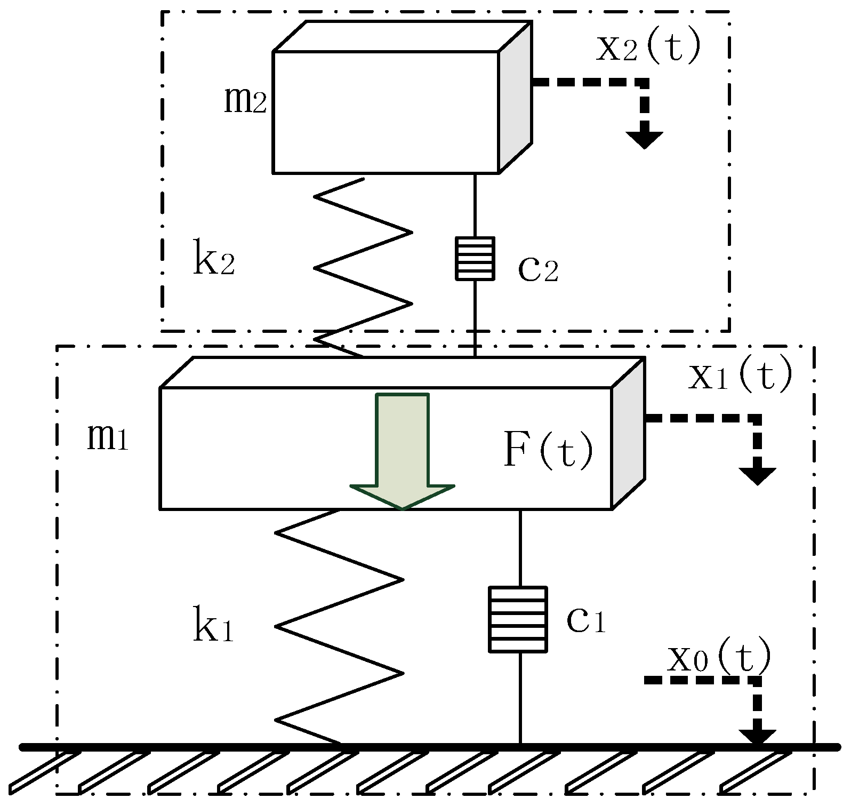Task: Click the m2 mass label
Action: (245, 100)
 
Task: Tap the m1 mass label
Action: (108, 439)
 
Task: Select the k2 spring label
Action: (213, 262)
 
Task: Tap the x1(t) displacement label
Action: (741, 377)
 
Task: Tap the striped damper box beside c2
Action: (475, 259)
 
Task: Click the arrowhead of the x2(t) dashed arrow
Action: (645, 140)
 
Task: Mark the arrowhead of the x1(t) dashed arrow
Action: (758, 476)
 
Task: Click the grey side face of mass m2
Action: (515, 97)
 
